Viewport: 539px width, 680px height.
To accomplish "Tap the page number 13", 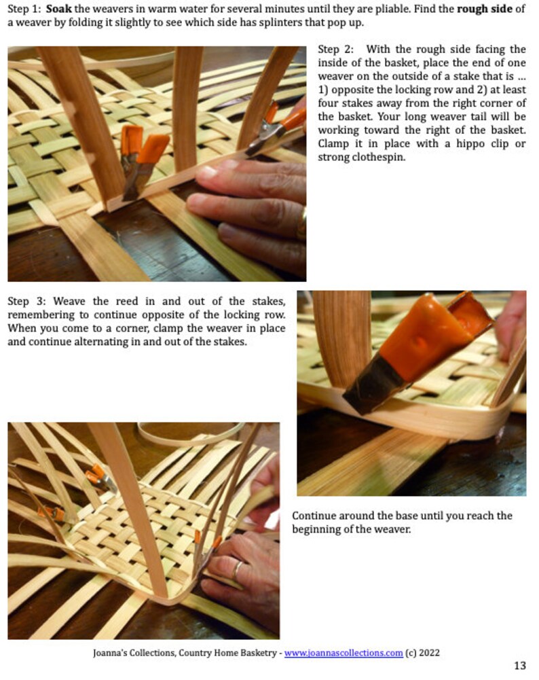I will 519,666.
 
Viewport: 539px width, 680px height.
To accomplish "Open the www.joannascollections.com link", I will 343,653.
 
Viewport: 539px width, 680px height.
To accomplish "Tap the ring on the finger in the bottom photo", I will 237,569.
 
